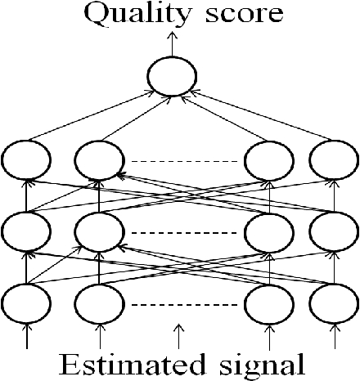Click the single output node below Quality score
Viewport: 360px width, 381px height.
172,78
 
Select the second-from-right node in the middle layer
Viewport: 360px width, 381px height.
269,232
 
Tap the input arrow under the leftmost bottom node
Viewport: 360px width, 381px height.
27,336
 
